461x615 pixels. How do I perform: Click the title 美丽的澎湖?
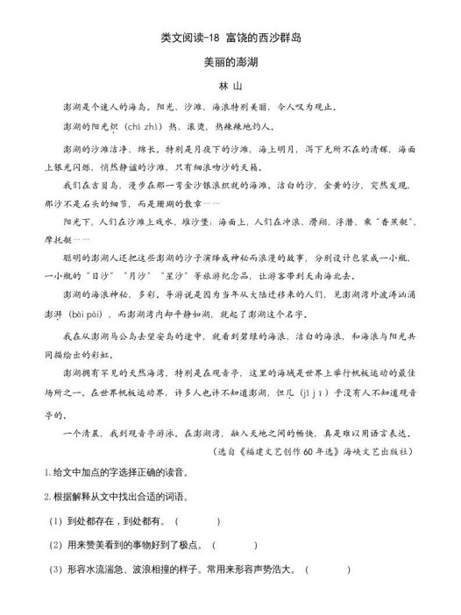[x=230, y=63]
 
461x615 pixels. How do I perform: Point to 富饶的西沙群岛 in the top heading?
[x=262, y=38]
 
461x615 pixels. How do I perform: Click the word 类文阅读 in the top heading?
[x=179, y=38]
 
